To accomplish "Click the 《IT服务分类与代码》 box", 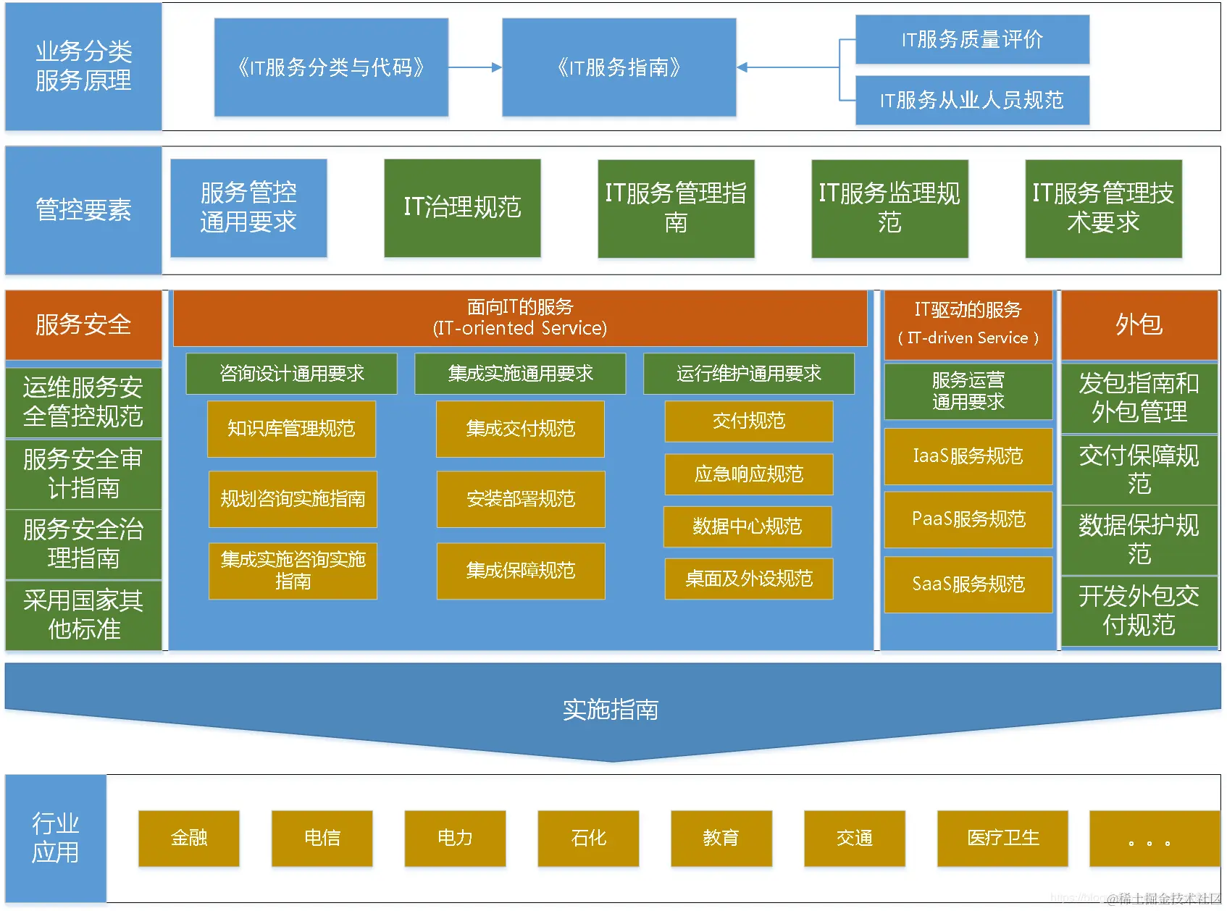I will point(331,67).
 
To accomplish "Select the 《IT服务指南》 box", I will point(619,67).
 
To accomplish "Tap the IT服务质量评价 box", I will point(972,39).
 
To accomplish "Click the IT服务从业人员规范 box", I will point(972,100).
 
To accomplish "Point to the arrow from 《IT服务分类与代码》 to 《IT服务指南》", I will point(474,67).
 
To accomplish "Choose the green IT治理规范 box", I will point(462,208).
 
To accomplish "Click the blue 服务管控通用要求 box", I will point(248,208).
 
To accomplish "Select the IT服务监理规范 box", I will point(889,208).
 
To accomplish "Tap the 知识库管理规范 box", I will point(291,429).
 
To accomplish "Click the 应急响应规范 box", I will point(748,474).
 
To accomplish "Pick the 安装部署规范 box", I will point(520,499).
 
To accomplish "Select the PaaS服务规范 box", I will point(968,519).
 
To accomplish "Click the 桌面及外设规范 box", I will point(748,579).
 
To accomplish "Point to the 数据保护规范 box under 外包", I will point(1139,540).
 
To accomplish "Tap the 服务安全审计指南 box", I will point(83,474).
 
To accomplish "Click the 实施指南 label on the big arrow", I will point(611,710).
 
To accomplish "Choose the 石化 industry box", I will point(588,838).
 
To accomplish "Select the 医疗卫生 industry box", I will point(1002,838).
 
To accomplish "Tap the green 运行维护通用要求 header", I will point(748,374).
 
